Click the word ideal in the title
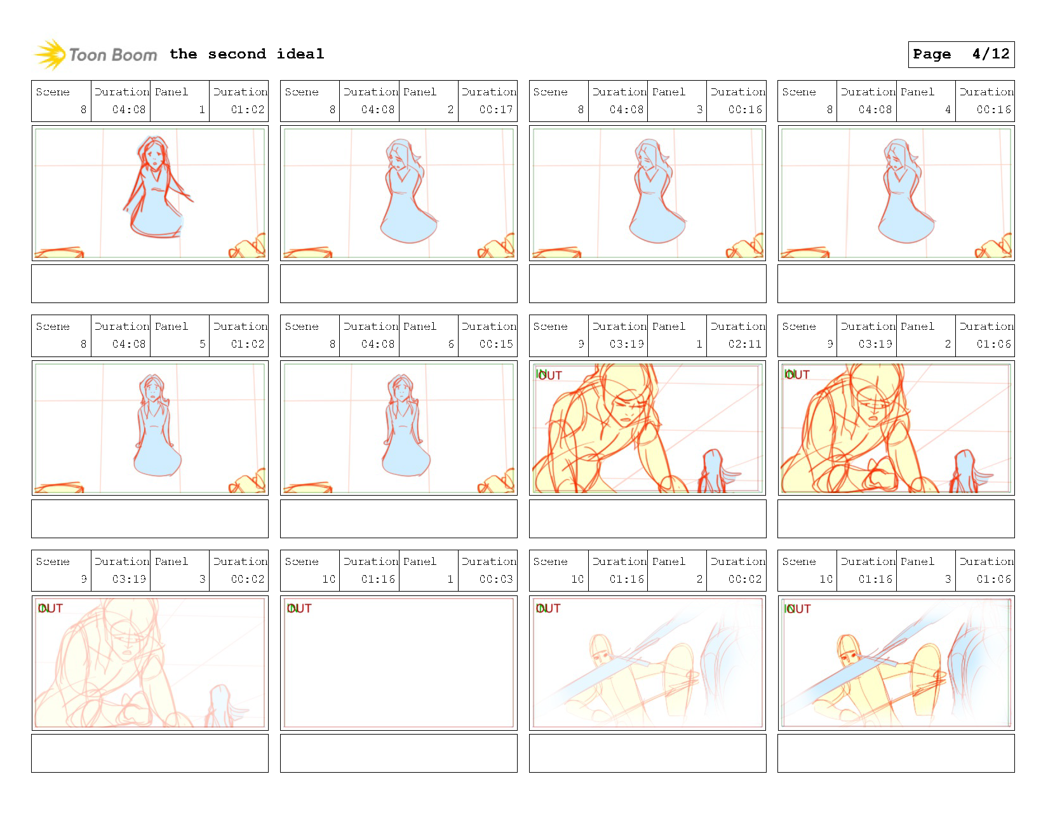click(x=300, y=54)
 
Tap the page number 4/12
click(x=990, y=54)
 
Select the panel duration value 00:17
click(x=495, y=109)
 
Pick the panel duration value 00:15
click(x=495, y=344)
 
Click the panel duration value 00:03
click(x=495, y=579)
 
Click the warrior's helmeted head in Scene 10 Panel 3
click(x=848, y=648)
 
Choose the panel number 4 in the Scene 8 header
click(x=948, y=109)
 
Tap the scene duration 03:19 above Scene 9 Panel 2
click(x=875, y=344)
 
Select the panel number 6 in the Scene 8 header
click(x=450, y=344)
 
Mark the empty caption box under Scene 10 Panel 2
click(x=647, y=753)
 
